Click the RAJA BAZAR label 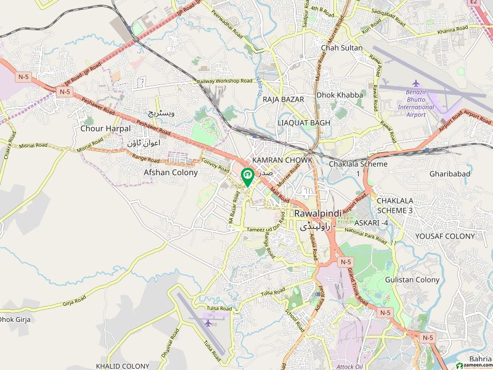point(281,98)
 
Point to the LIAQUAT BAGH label point(304,123)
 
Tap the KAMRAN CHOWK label point(282,160)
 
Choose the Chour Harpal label point(105,129)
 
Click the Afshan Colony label point(171,173)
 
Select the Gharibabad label point(450,174)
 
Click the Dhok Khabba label point(340,95)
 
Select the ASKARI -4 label point(370,222)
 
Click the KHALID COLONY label point(123,366)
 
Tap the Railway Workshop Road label point(225,81)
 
